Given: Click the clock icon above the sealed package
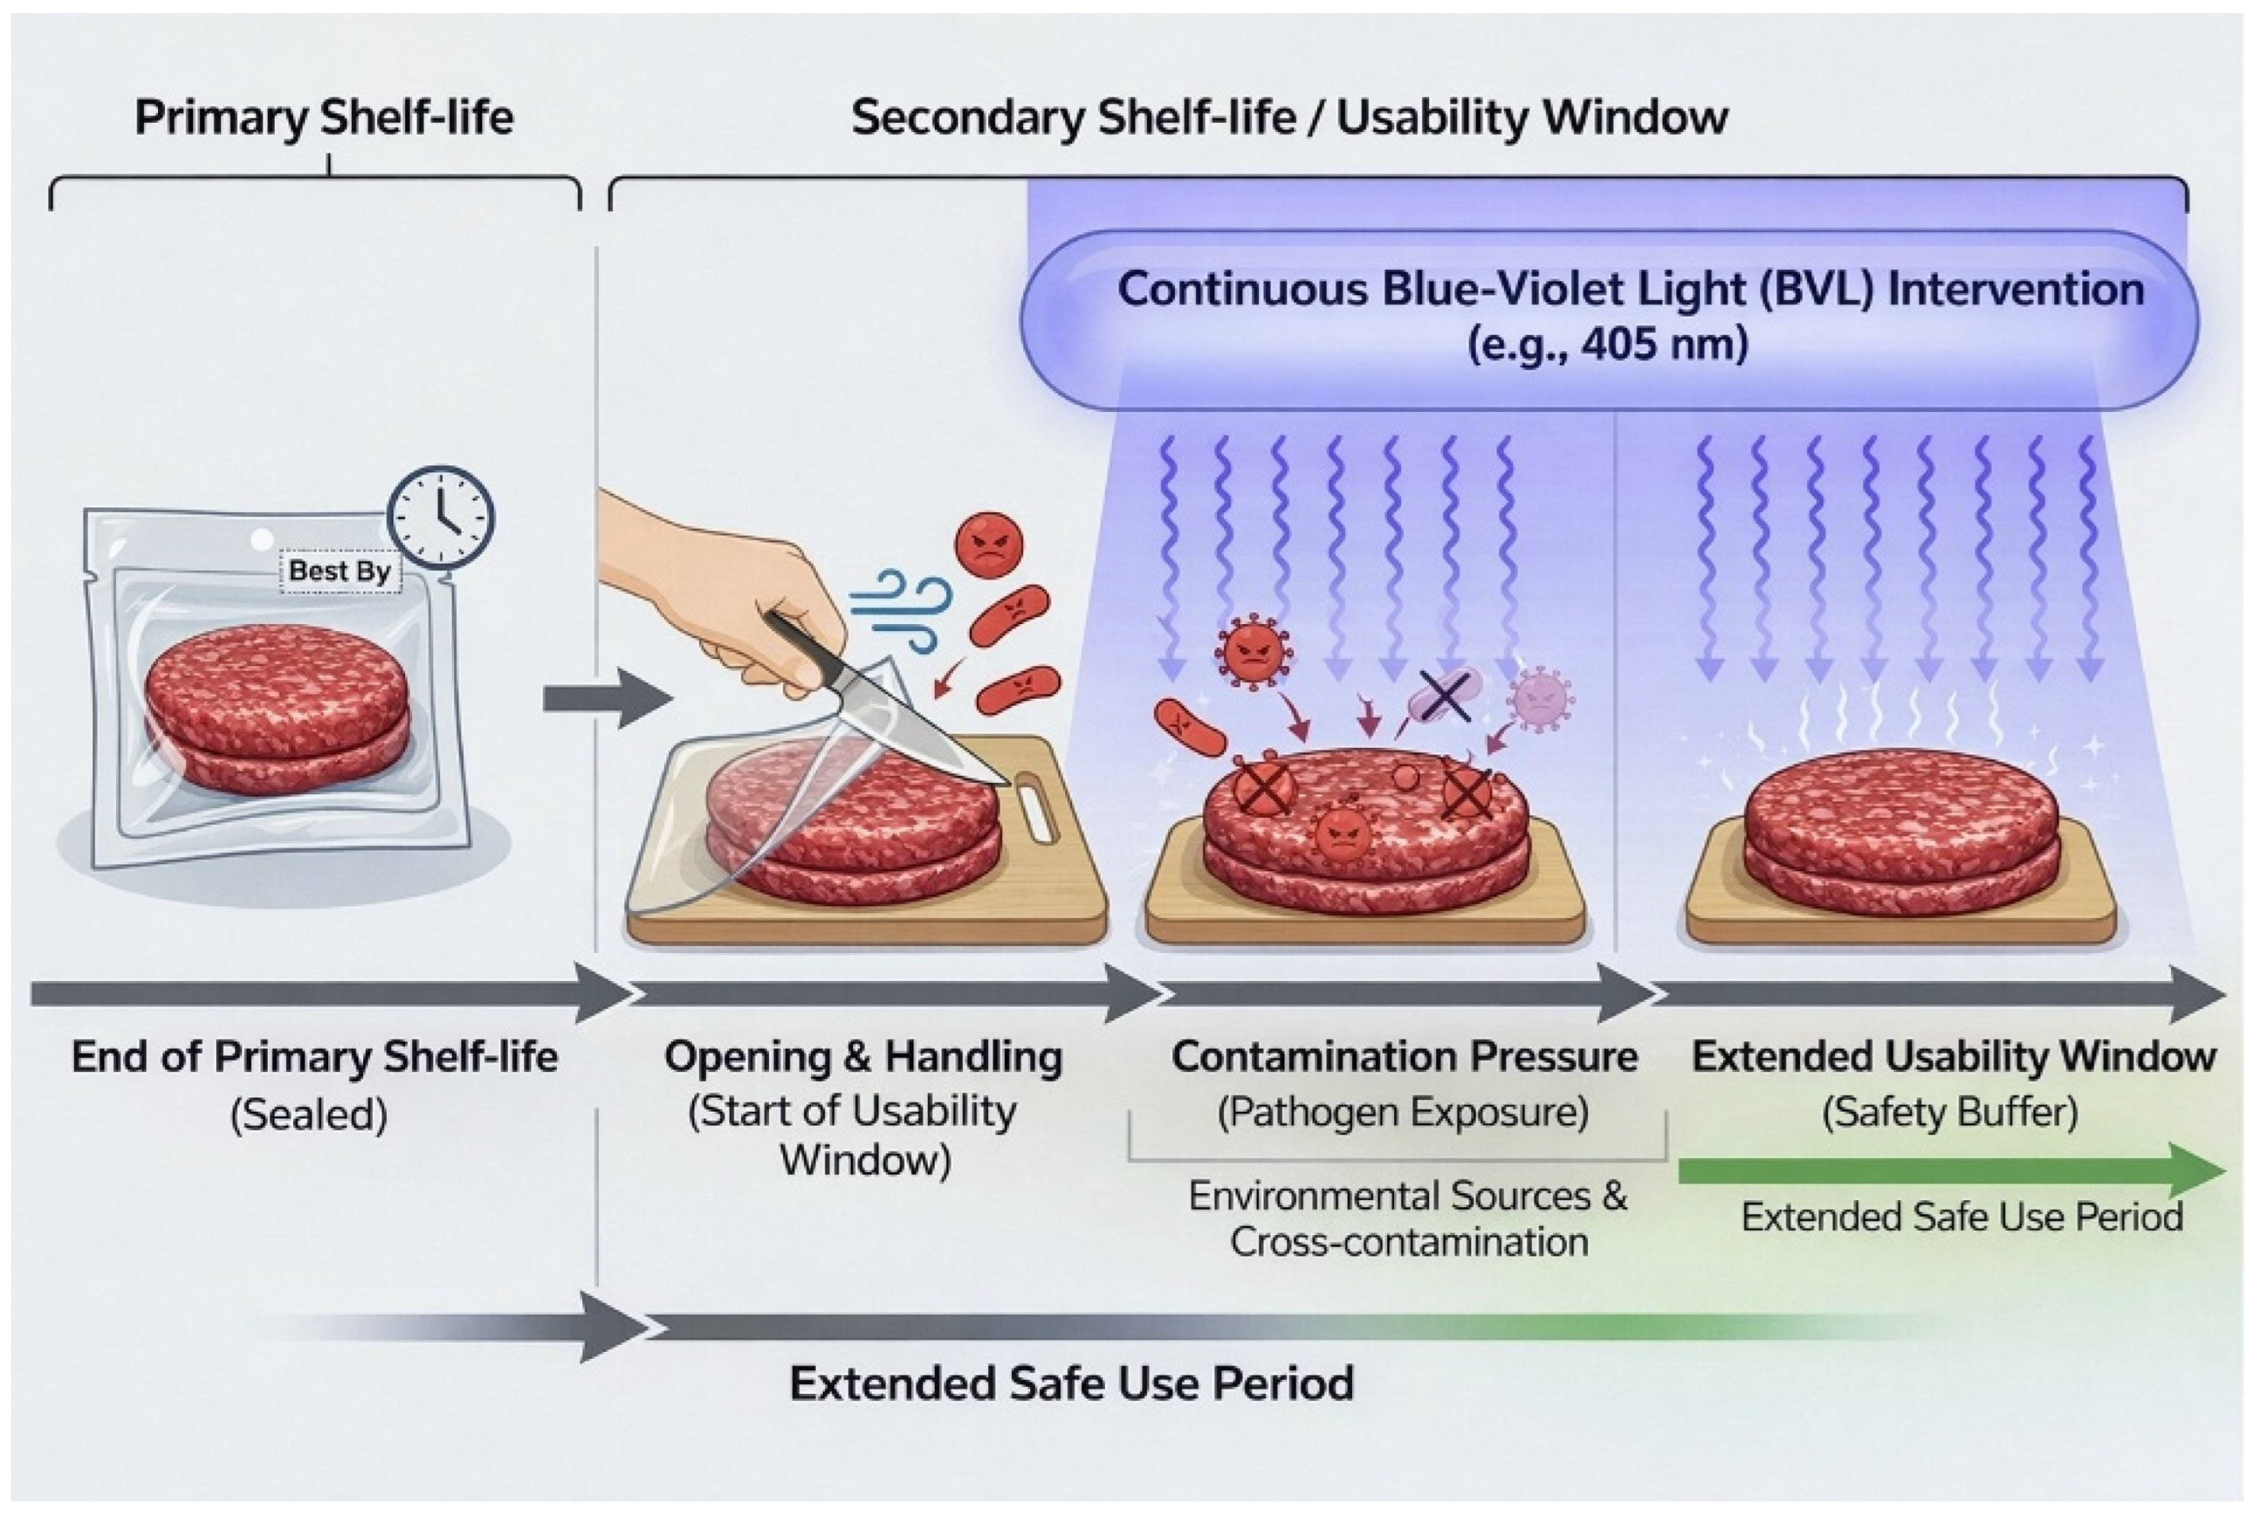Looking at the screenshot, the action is (441, 518).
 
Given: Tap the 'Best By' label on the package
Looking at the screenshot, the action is (340, 571).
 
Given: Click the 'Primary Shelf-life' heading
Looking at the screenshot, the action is (324, 118).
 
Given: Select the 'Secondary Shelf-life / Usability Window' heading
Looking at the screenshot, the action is (1289, 118).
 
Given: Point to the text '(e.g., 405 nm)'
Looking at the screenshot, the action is (1608, 344).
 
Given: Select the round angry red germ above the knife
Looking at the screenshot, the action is (988, 546).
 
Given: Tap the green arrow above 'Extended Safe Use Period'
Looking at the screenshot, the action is (1952, 1171).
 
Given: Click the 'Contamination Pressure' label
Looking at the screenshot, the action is (1405, 1057).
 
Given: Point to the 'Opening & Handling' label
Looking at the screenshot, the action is (863, 1057).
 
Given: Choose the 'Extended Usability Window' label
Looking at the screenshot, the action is (1953, 1057).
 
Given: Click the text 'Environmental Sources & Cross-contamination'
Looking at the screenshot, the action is (1408, 1218).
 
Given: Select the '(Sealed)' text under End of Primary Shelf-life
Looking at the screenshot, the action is (308, 1115).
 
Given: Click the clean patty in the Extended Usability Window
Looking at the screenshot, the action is (1901, 832).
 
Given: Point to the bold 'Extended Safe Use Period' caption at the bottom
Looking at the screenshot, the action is (1072, 1383).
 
